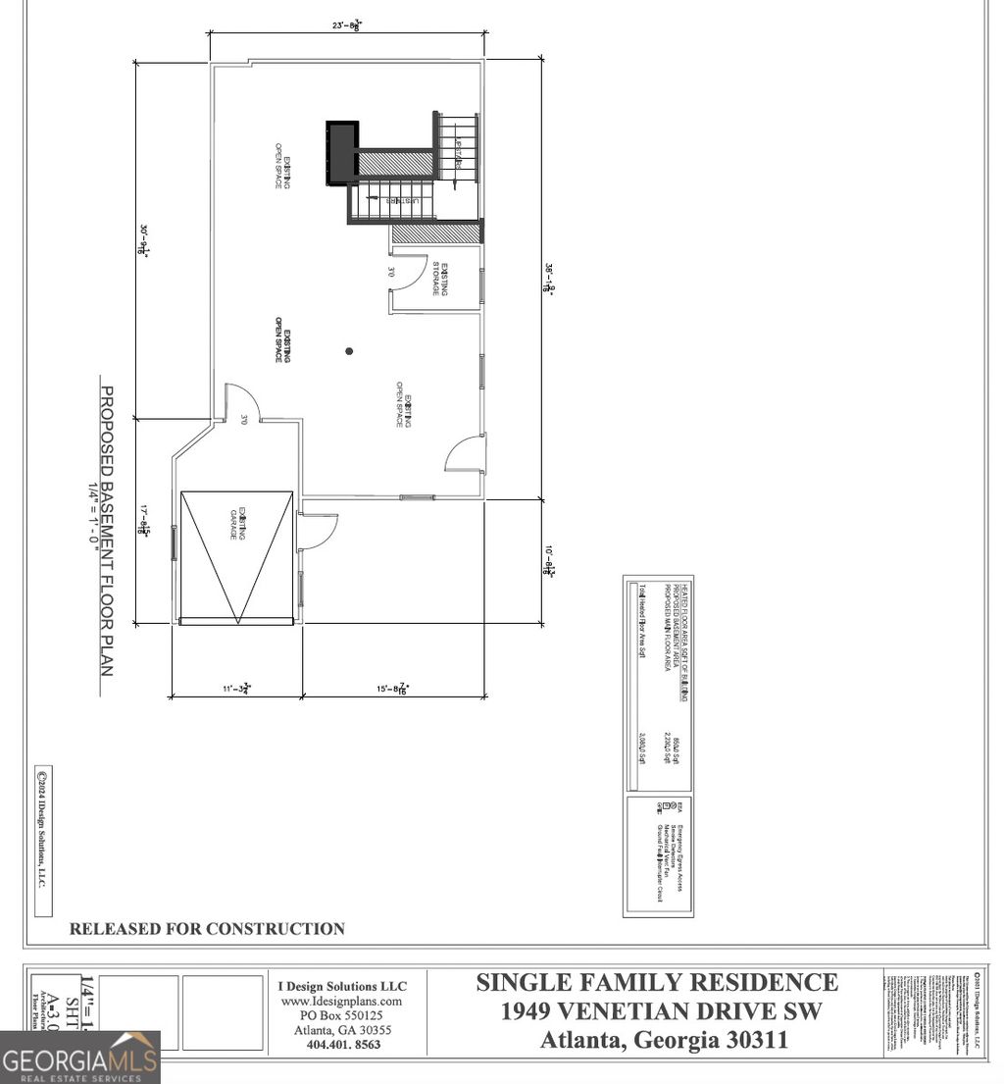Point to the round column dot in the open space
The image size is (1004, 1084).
[348, 351]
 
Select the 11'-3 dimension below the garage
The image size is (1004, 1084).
[236, 689]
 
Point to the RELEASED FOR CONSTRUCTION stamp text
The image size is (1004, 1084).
[207, 928]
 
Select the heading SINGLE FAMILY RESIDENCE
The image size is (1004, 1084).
[657, 982]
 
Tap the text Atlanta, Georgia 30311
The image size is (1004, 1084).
[664, 1040]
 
